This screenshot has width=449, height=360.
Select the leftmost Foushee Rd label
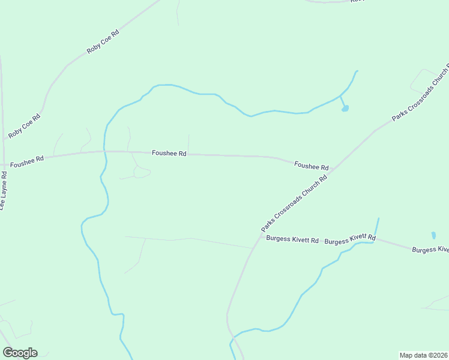click(x=27, y=160)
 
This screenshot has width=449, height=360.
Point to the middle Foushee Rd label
click(x=169, y=154)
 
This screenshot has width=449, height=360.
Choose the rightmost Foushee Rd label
click(x=311, y=165)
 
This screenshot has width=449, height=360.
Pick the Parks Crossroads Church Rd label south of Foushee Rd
click(x=294, y=203)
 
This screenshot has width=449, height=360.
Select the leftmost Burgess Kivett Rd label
click(x=292, y=239)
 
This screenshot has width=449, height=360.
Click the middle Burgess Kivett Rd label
click(x=350, y=240)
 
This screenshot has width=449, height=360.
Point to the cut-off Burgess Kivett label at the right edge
click(x=430, y=249)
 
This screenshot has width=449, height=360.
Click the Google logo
click(x=20, y=353)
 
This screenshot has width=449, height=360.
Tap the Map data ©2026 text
click(x=423, y=355)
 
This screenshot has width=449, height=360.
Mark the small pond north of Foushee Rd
click(x=345, y=109)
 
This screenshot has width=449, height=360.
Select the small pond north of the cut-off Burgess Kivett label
click(x=433, y=235)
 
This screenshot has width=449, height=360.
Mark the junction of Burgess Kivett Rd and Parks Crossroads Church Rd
click(x=255, y=248)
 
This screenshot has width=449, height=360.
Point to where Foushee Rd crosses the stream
click(x=104, y=152)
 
